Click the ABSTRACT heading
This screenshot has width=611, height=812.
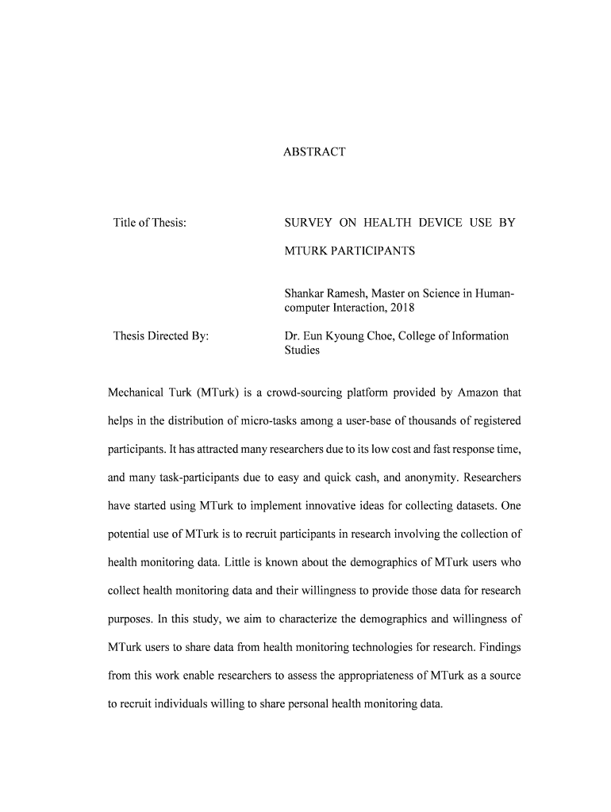314,151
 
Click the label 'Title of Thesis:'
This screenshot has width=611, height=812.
150,223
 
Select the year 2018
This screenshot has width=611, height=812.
402,307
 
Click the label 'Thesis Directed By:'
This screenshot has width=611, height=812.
161,336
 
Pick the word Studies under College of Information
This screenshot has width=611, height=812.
302,350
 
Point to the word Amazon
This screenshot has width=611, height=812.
478,393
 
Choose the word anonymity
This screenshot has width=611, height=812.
426,477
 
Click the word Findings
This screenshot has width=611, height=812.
498,649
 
